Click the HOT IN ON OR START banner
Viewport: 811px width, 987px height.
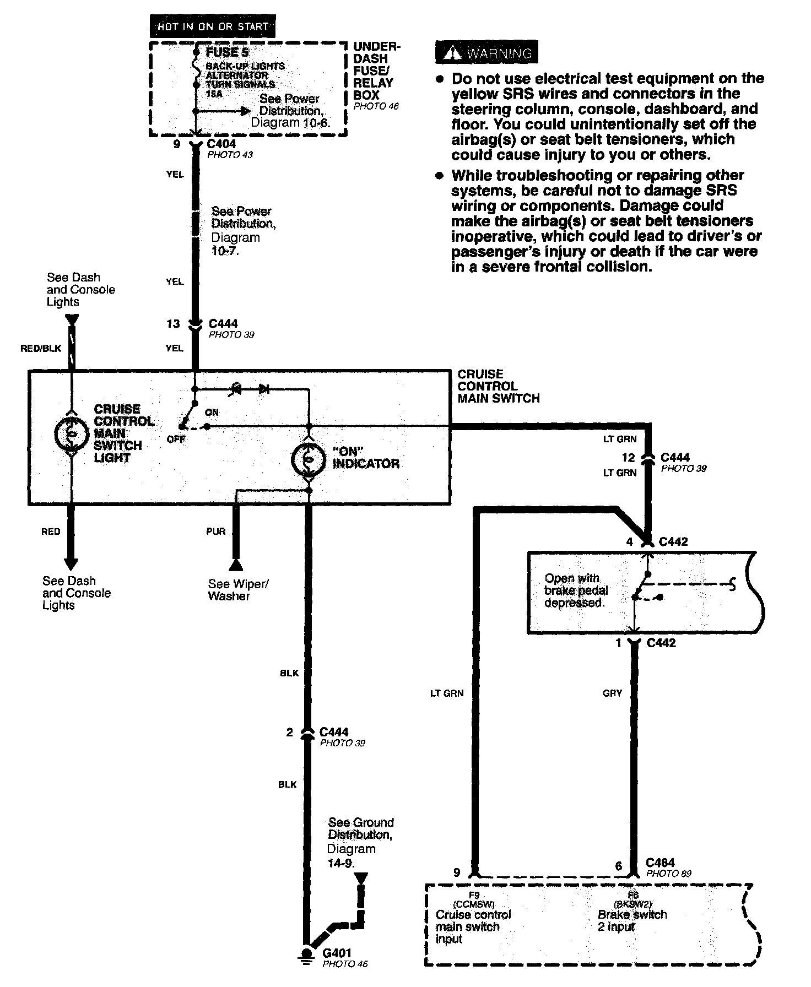[212, 26]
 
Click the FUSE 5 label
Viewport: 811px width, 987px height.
[227, 52]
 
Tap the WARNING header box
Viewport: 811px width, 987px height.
[486, 53]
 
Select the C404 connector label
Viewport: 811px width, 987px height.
[221, 144]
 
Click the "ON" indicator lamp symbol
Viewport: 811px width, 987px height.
[309, 459]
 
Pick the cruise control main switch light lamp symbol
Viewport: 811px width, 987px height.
[71, 434]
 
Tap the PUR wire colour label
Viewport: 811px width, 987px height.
[215, 532]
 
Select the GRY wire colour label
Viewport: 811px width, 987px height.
[612, 693]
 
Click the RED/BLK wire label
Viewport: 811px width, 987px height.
[41, 348]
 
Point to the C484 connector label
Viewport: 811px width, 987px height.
[660, 863]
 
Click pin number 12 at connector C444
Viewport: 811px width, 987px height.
[629, 457]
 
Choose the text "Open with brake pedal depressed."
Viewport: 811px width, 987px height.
[576, 590]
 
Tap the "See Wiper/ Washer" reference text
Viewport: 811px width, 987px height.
[238, 590]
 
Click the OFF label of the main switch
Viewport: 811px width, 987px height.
[176, 440]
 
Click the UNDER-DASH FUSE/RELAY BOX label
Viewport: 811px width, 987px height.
[377, 70]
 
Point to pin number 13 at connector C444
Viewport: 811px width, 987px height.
[173, 324]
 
